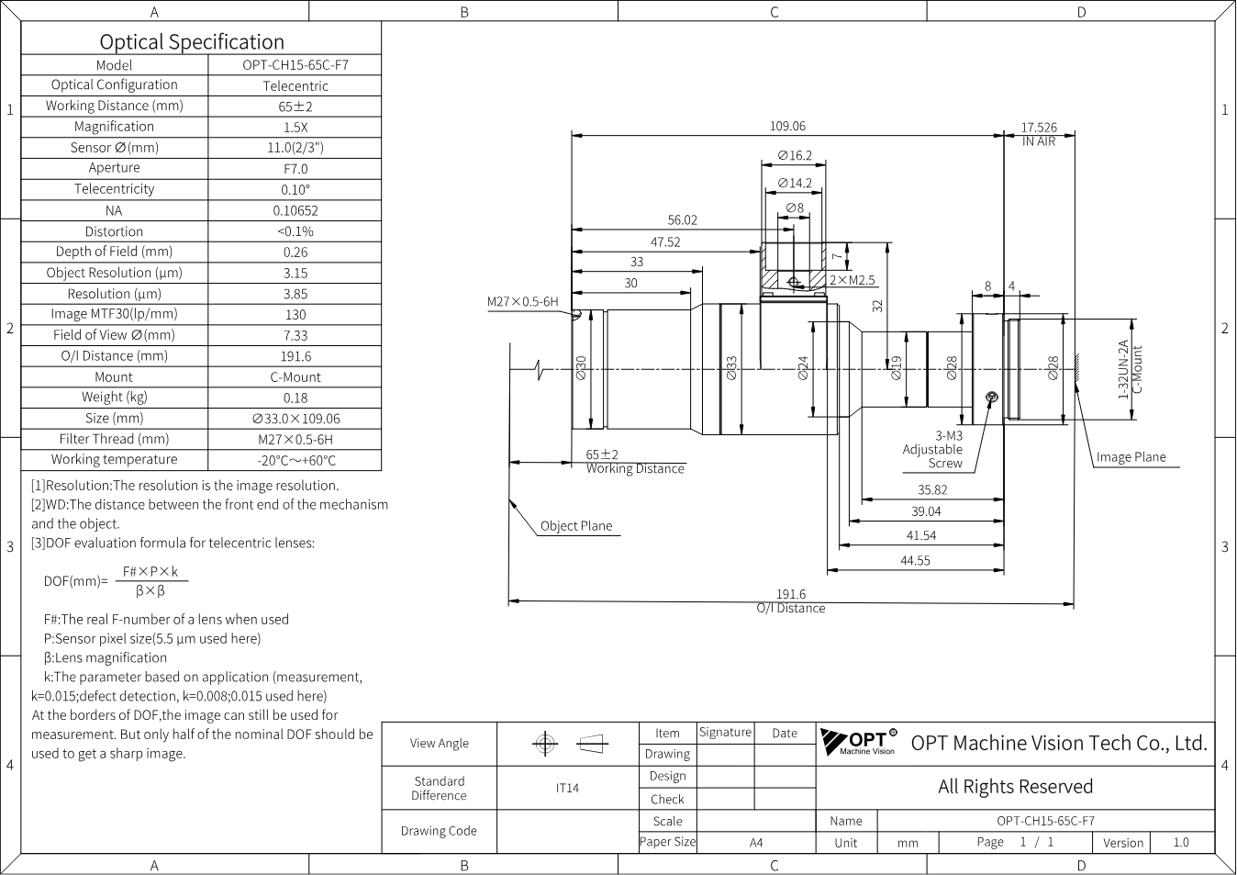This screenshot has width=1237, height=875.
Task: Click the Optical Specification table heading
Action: tap(192, 42)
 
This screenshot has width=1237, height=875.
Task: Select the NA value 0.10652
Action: tap(295, 210)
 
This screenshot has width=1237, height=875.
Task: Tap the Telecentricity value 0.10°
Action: tap(295, 189)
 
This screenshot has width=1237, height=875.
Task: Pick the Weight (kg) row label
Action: tap(115, 398)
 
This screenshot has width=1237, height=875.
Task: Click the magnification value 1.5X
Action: tap(295, 127)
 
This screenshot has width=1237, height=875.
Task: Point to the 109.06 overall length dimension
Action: tap(787, 126)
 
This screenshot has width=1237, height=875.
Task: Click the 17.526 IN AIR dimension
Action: tap(1039, 134)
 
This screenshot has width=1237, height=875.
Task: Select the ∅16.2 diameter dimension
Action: tap(795, 156)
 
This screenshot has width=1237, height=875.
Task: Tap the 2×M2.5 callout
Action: tap(853, 280)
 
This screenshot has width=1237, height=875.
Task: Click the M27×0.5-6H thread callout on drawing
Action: tap(522, 301)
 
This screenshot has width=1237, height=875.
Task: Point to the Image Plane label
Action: tap(1131, 457)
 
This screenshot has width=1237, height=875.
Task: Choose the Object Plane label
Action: tap(576, 526)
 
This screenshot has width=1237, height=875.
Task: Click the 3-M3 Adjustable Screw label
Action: tap(932, 450)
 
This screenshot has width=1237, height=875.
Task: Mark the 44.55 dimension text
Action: tap(915, 561)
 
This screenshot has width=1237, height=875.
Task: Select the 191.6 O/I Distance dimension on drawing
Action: tap(791, 601)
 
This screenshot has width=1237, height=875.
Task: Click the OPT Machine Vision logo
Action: tap(859, 742)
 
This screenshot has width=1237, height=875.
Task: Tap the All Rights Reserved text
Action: tap(1015, 787)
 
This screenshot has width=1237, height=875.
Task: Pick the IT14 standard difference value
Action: tap(567, 788)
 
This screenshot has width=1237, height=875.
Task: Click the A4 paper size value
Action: tap(756, 843)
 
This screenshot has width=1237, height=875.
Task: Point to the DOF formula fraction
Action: tap(150, 581)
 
